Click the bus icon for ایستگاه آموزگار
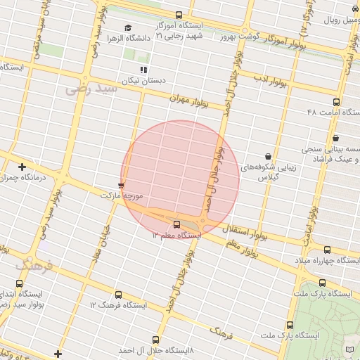click(x=179, y=15)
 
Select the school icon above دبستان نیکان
click(x=143, y=70)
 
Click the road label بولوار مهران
click(x=189, y=101)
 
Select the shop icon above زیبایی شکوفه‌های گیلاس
click(x=268, y=156)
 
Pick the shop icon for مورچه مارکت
click(x=121, y=186)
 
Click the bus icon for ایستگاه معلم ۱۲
click(x=176, y=224)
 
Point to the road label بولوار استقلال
click(x=242, y=231)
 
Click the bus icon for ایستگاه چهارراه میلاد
click(x=327, y=250)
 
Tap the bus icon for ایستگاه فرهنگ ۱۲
click(x=117, y=295)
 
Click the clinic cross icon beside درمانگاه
click(x=22, y=167)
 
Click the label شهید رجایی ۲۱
click(x=179, y=35)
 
